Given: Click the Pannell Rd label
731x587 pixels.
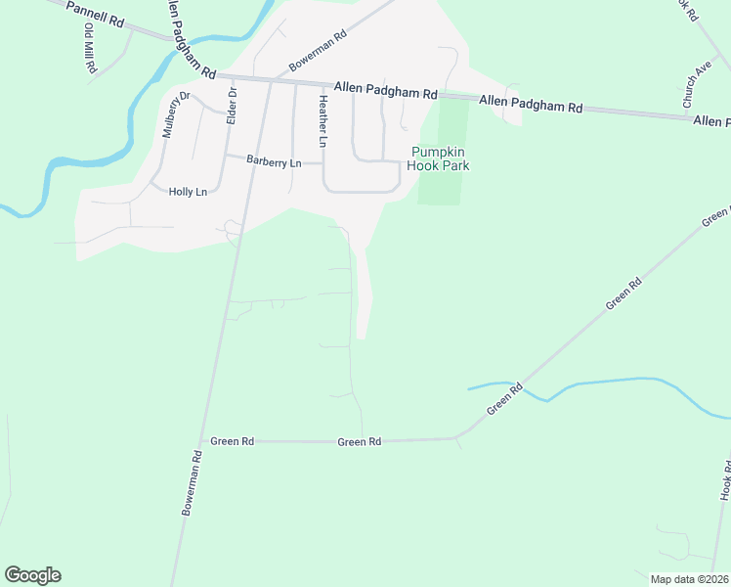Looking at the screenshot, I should (93, 14).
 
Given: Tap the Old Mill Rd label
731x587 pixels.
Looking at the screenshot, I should (89, 48).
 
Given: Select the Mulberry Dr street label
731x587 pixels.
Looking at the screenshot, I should (174, 115).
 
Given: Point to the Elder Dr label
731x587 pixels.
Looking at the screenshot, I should (232, 105).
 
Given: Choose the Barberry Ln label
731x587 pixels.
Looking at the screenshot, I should (274, 161).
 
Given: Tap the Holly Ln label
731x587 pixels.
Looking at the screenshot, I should (188, 192).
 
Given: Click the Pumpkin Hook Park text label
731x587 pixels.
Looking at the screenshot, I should (440, 158).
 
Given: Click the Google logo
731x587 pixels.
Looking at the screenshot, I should (32, 575).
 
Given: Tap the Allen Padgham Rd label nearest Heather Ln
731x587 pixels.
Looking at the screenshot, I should (385, 91).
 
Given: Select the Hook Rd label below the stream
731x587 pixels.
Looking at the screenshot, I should (725, 483).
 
